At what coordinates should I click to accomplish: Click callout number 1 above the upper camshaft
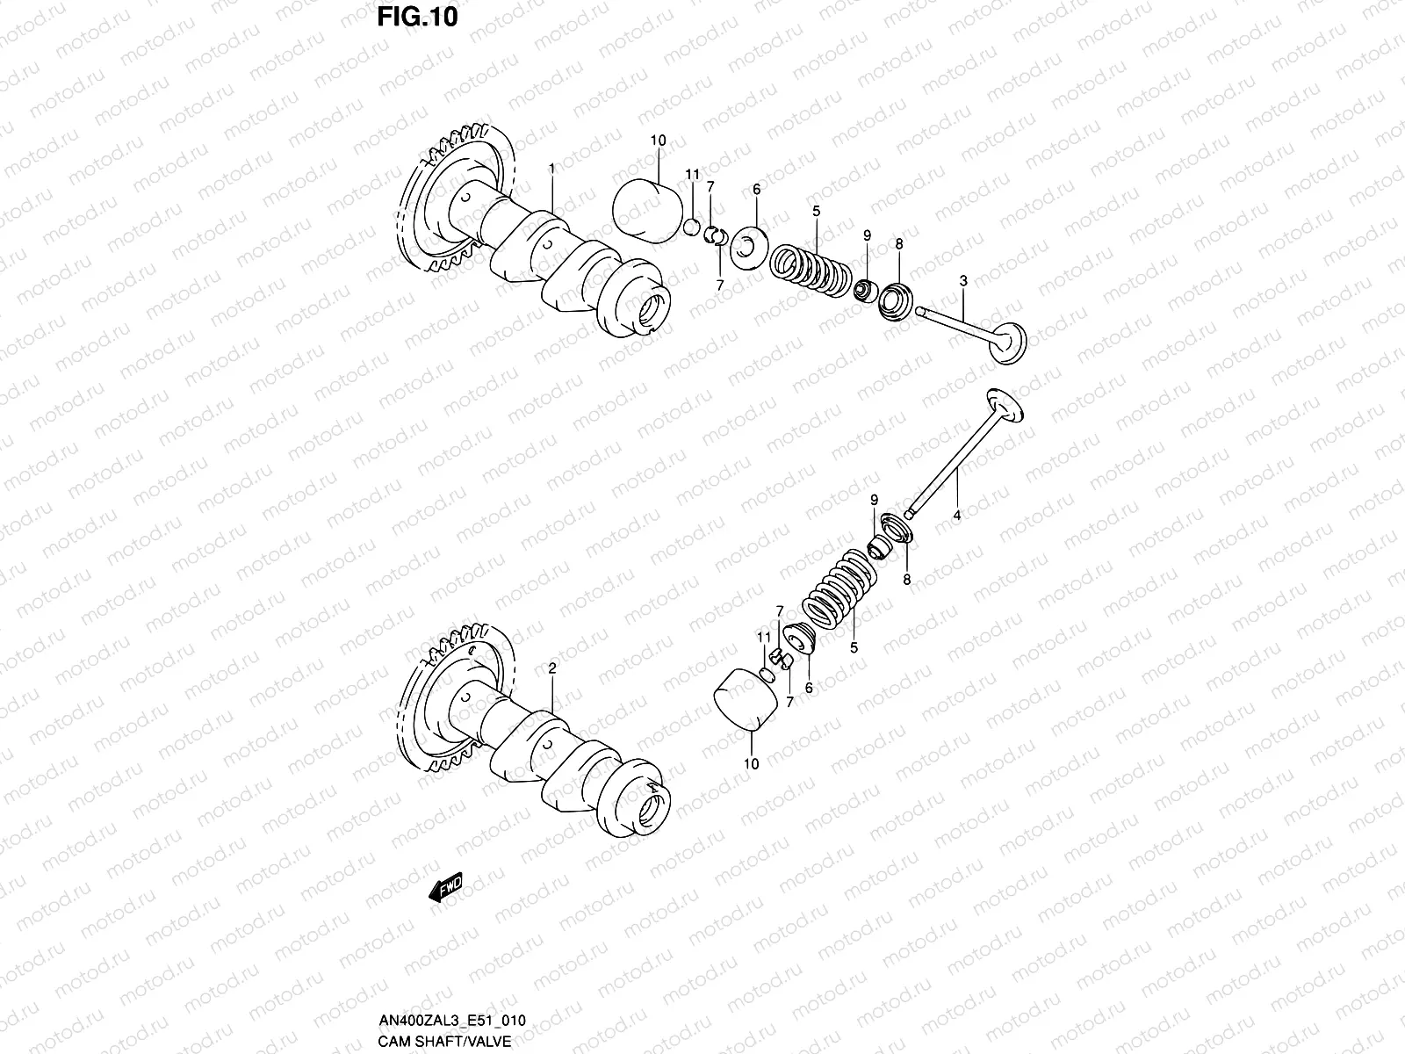pos(551,167)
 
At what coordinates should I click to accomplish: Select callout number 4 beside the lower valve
pos(957,516)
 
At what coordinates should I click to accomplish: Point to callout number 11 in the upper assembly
pos(692,175)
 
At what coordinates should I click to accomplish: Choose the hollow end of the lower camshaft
pos(654,803)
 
